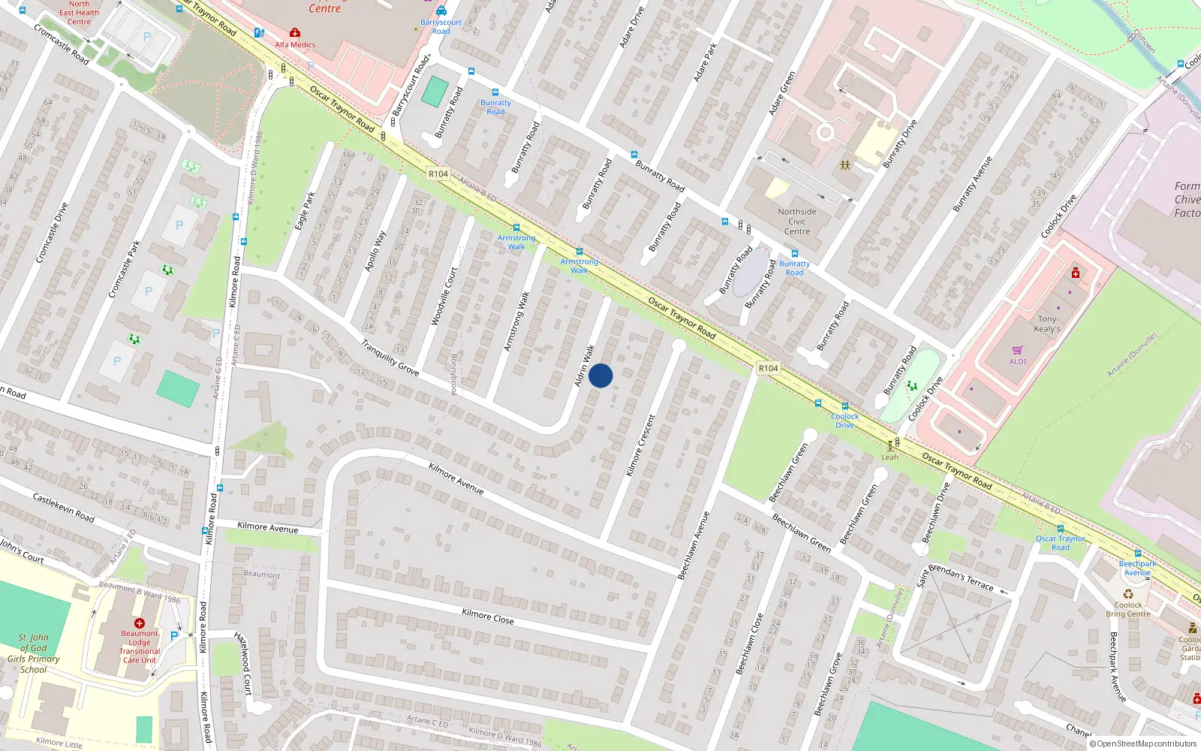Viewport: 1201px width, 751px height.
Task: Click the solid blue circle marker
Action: point(600,375)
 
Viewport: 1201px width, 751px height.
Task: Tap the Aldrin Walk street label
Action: point(584,366)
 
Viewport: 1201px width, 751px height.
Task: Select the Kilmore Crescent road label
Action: point(640,445)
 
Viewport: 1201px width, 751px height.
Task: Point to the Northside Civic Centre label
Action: point(797,222)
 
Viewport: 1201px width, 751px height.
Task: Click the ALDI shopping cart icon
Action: point(1017,351)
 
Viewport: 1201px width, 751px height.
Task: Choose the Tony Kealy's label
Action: point(1047,324)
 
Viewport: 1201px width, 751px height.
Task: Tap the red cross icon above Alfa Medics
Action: point(295,33)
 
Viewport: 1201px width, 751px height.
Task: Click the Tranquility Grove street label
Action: point(390,357)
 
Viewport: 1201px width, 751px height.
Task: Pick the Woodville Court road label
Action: point(444,296)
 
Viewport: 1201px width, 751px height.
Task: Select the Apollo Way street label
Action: point(375,251)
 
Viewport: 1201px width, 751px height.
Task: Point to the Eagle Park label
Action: point(305,211)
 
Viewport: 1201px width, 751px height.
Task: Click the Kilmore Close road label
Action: point(488,617)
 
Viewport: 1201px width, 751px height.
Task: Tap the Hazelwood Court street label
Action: point(244,663)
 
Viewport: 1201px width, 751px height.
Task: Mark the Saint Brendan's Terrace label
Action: point(956,576)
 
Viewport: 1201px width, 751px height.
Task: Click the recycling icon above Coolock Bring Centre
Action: point(1128,594)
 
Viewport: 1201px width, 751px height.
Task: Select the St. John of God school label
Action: point(33,653)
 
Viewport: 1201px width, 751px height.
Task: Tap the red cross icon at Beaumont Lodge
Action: point(140,623)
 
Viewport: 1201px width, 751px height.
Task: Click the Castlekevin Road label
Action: point(63,508)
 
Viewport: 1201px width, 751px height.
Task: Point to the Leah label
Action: point(889,457)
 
